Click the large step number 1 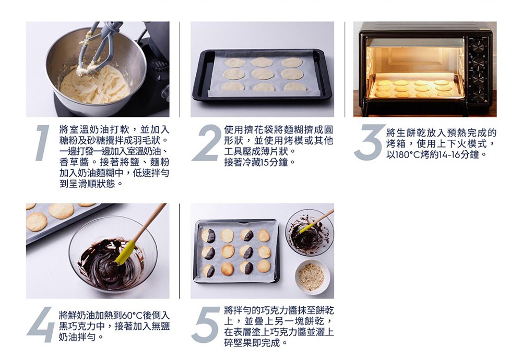point(42,143)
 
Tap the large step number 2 point(207,143)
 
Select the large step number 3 point(369,143)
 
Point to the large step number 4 point(41,325)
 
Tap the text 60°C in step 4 point(133,315)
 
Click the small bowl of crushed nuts point(312,277)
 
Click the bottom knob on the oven point(478,95)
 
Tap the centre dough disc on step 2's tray point(263,74)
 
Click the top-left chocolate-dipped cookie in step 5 point(208,235)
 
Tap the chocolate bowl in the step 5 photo point(310,232)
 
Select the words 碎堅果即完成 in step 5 point(252,343)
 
